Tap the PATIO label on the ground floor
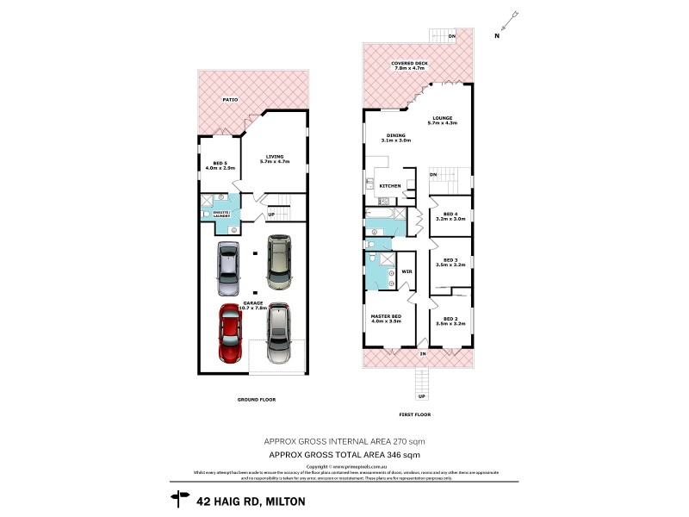[230, 101]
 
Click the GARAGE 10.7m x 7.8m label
[252, 305]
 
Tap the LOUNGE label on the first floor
[443, 120]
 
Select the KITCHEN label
[390, 185]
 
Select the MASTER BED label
[387, 318]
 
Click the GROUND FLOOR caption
[256, 400]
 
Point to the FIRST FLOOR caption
[416, 414]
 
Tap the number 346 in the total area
[394, 453]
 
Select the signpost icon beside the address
[181, 496]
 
